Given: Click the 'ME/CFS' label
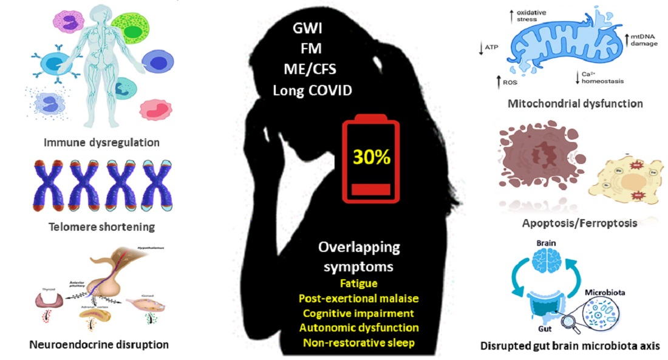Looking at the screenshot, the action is click(x=310, y=70).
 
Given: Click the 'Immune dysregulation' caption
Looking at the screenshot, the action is click(x=93, y=143).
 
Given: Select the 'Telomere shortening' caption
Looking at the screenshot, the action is click(x=93, y=227).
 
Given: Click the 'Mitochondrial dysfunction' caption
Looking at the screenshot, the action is click(x=575, y=103).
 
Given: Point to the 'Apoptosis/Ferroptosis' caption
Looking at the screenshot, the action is click(x=579, y=223).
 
